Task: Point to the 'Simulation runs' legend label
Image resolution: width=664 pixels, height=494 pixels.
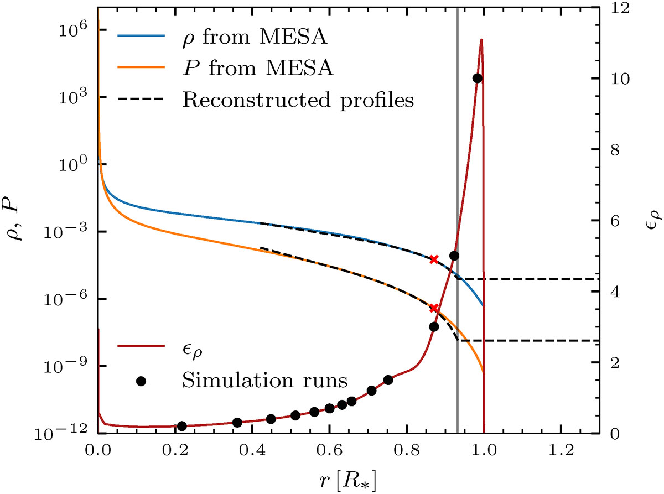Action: (x=264, y=381)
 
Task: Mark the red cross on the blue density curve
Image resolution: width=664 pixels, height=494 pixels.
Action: (x=434, y=259)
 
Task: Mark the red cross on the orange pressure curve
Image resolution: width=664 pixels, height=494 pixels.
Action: (x=434, y=308)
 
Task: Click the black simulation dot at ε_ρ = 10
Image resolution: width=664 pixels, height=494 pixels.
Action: (x=477, y=79)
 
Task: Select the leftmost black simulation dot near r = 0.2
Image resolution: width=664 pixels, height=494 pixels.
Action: (x=181, y=426)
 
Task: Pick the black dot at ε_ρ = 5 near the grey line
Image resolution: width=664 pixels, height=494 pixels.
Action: (x=454, y=256)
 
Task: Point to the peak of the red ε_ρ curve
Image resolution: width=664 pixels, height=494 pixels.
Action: (x=481, y=40)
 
